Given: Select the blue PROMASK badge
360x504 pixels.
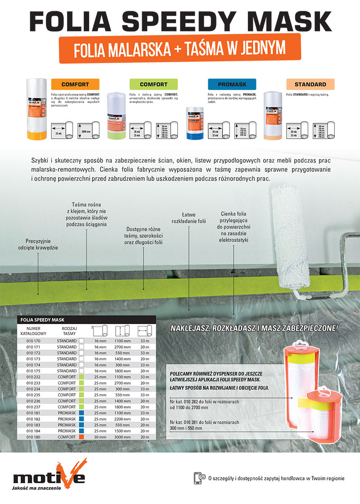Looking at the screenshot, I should (232, 84).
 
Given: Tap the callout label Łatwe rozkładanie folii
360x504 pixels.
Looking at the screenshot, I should (189, 218).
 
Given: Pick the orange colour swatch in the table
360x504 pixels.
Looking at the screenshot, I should (81, 437).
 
